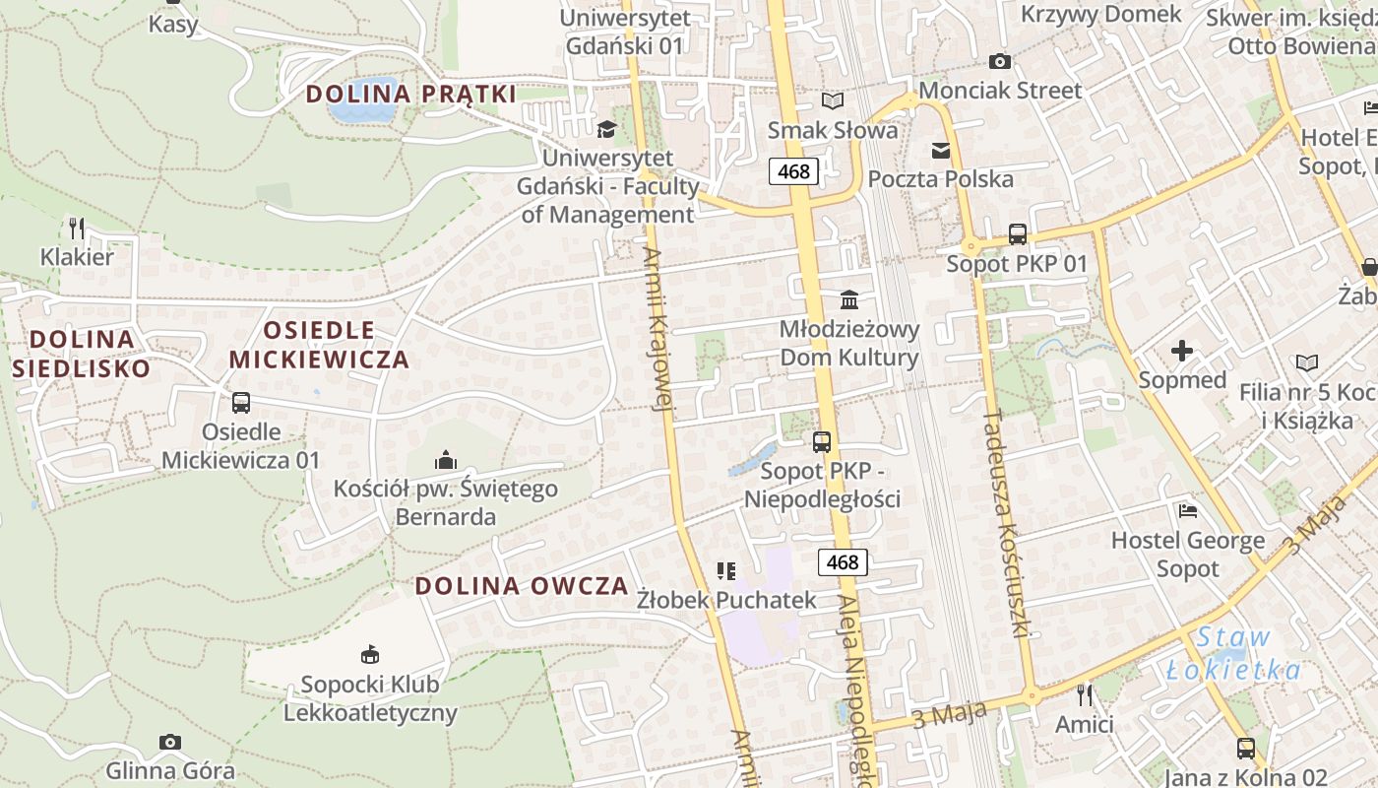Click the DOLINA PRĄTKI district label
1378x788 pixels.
coord(410,95)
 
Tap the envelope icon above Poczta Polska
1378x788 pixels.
coord(941,151)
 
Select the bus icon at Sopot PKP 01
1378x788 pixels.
coord(1018,234)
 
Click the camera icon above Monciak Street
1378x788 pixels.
coord(1000,61)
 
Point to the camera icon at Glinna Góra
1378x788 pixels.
coord(170,742)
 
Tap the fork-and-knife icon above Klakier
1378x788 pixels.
coord(77,229)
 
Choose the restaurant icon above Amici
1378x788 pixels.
coord(1085,695)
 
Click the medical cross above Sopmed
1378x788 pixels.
coord(1182,351)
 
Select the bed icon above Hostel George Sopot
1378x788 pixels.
coord(1188,511)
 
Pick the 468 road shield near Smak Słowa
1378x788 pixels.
coord(793,171)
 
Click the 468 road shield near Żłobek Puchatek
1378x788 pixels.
coord(843,562)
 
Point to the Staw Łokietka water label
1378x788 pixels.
coord(1233,654)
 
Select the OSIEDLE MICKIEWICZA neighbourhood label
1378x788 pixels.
coord(319,345)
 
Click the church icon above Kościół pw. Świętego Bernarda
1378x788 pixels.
coord(446,460)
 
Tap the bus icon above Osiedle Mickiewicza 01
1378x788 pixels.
coord(241,403)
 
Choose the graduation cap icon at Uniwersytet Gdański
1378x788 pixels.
coord(607,129)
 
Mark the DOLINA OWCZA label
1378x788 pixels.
coord(521,586)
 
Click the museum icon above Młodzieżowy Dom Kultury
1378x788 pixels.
coord(849,299)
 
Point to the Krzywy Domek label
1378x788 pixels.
coord(1100,14)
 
